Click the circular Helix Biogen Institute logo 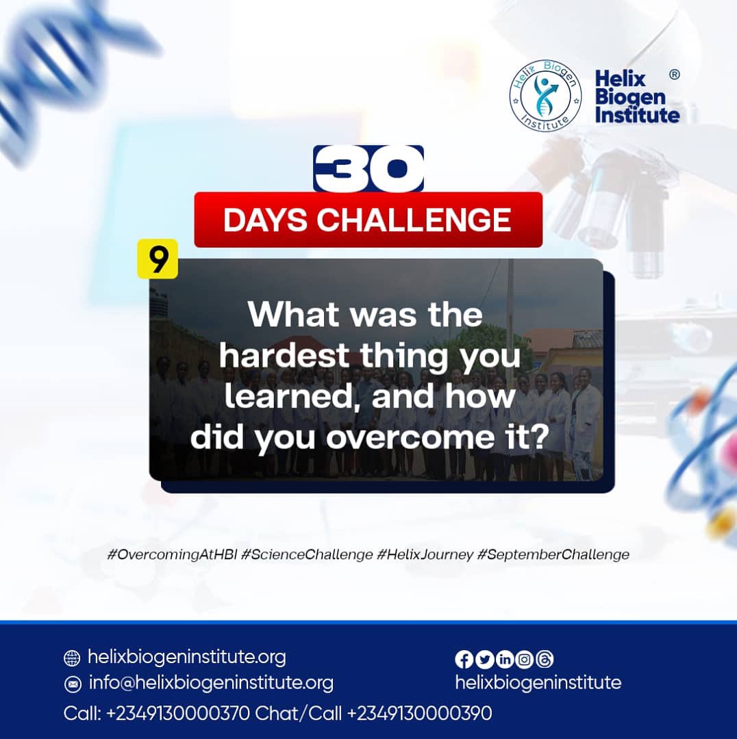pos(545,96)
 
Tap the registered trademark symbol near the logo pos(675,75)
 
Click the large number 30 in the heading pos(368,168)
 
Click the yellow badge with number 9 pos(158,259)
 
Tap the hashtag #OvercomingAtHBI pos(173,555)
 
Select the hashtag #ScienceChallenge pos(307,555)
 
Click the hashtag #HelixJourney pos(425,555)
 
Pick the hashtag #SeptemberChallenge pos(553,555)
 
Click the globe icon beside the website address pos(72,658)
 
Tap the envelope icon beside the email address pos(72,684)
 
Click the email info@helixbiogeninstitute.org pos(211,683)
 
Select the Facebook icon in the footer pos(464,659)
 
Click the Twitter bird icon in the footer pos(484,659)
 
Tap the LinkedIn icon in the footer pos(505,659)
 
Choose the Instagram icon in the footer pos(525,659)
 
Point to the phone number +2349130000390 pos(419,714)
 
